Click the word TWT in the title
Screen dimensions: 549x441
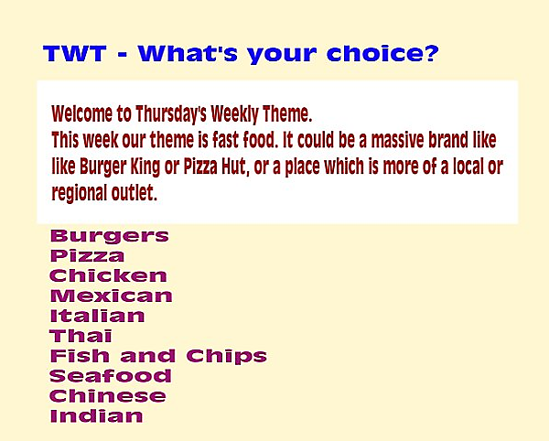75,54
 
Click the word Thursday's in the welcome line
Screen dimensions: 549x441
171,114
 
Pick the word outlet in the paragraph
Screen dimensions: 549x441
135,192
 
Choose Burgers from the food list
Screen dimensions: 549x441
110,236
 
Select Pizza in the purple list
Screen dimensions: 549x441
87,256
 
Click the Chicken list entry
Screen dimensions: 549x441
108,275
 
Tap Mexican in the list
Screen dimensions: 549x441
112,296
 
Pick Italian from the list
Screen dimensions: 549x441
97,316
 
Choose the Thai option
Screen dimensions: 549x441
81,336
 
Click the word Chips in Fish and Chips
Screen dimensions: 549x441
227,357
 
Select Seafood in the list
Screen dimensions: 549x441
111,376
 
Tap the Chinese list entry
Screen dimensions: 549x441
108,396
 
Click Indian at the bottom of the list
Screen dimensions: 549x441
97,415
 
